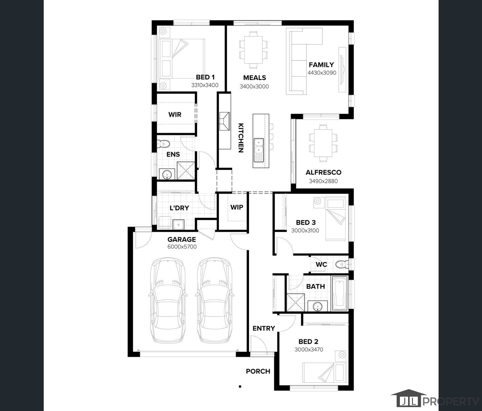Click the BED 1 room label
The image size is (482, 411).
click(x=205, y=77)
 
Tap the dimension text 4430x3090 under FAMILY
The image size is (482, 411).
click(x=322, y=73)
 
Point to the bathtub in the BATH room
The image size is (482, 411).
click(x=340, y=293)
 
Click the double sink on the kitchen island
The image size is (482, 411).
click(x=259, y=150)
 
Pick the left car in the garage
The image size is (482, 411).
click(x=168, y=300)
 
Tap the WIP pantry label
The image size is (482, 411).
click(x=237, y=207)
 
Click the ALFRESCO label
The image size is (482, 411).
click(x=323, y=172)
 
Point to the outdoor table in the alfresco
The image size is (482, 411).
click(x=323, y=143)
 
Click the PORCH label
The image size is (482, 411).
click(x=258, y=371)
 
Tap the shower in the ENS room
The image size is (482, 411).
click(x=186, y=171)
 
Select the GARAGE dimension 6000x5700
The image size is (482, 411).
click(x=182, y=247)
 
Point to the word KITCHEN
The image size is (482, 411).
click(x=241, y=138)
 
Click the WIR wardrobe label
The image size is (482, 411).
click(x=175, y=115)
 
